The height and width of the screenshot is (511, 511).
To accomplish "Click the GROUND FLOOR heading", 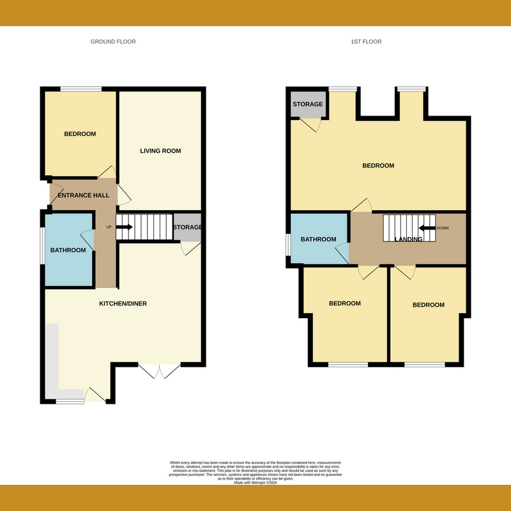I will pyautogui.click(x=112, y=42).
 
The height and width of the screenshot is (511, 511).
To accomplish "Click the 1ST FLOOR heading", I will pyautogui.click(x=366, y=42).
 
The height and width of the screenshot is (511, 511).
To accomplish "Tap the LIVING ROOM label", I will pyautogui.click(x=160, y=151).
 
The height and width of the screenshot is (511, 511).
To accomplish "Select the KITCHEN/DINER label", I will pyautogui.click(x=123, y=303).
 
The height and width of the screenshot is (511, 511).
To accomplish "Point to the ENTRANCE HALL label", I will pyautogui.click(x=84, y=195).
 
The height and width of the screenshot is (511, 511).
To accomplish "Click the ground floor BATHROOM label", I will pyautogui.click(x=68, y=250).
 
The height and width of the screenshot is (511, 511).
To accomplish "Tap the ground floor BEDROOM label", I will pyautogui.click(x=80, y=134).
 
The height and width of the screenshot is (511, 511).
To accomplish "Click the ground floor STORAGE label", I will pyautogui.click(x=187, y=227).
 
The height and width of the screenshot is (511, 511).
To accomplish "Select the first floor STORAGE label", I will pyautogui.click(x=307, y=104).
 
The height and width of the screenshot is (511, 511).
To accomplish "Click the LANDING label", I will pyautogui.click(x=408, y=240).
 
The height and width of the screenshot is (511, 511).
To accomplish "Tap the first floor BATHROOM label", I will pyautogui.click(x=318, y=240).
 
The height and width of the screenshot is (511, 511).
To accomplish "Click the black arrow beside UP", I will pyautogui.click(x=124, y=227).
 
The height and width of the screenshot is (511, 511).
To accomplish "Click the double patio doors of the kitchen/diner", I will pyautogui.click(x=160, y=371).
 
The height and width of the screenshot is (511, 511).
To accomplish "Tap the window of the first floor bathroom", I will pyautogui.click(x=288, y=244).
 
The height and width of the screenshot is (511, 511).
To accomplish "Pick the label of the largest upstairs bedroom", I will pyautogui.click(x=378, y=166).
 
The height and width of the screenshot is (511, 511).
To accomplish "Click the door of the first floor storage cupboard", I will pyautogui.click(x=311, y=125).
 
